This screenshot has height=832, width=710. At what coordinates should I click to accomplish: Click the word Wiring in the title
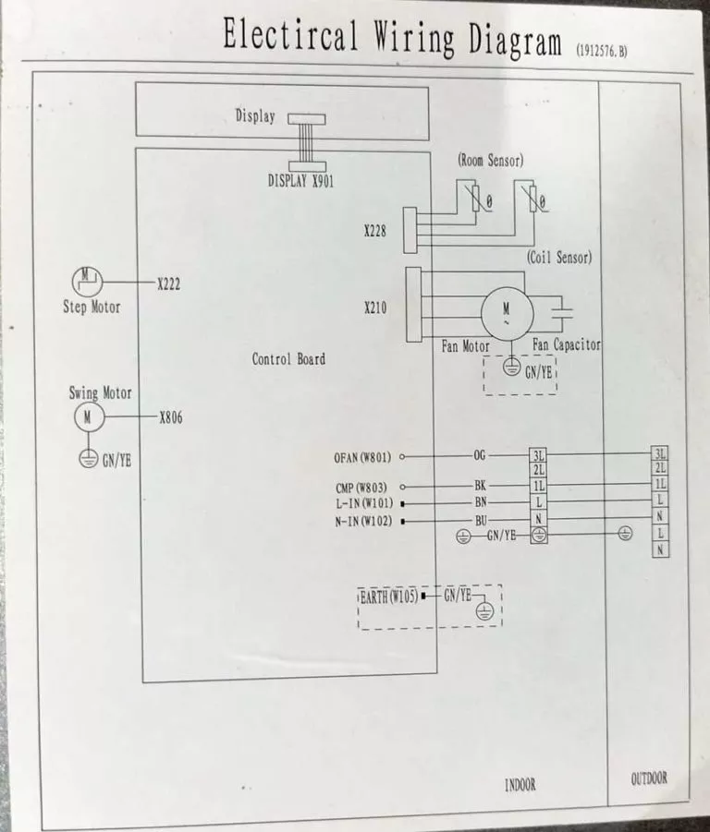coord(413,38)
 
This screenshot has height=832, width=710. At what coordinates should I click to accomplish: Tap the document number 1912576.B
coord(602,51)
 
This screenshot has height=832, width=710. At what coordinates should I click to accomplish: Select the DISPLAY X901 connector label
coord(300,181)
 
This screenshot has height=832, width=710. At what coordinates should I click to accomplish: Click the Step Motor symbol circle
coord(87,282)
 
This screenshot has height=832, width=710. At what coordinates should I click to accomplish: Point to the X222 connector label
coord(168,283)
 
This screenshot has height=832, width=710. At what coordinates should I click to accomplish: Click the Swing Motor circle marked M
coord(89,416)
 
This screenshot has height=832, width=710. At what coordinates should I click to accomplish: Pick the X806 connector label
coord(171,417)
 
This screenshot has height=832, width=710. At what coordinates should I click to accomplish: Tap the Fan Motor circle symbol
coord(507,313)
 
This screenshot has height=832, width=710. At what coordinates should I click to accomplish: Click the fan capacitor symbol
coord(561,313)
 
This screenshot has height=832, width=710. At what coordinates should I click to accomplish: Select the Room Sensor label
coord(490,161)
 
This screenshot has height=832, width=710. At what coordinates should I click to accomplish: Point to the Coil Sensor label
coord(559,258)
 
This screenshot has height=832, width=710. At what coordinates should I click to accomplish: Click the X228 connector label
coord(375,231)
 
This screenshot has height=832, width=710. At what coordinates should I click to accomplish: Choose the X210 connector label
coord(375,307)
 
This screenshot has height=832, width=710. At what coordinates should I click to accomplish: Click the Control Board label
coord(288,359)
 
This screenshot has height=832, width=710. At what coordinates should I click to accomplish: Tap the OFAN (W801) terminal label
coord(362,457)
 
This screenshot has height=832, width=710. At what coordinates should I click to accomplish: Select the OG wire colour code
coord(480,455)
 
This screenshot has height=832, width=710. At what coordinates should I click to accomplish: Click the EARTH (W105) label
coord(388,597)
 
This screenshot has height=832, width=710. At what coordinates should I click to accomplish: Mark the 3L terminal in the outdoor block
coord(660,453)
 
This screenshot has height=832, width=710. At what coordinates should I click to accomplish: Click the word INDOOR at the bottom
coord(520,785)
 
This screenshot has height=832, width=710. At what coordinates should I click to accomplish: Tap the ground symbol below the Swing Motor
coord(89,458)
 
